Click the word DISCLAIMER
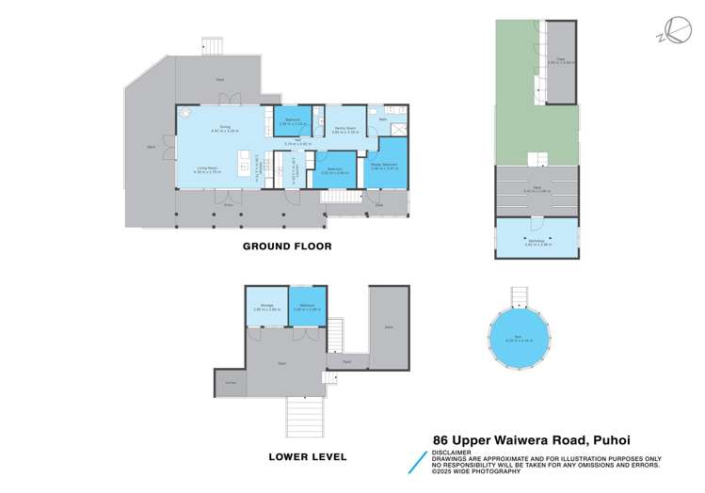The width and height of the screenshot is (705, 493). tap(453, 449)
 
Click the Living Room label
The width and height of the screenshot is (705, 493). tap(207, 168)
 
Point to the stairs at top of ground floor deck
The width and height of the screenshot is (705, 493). tap(213, 46)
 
